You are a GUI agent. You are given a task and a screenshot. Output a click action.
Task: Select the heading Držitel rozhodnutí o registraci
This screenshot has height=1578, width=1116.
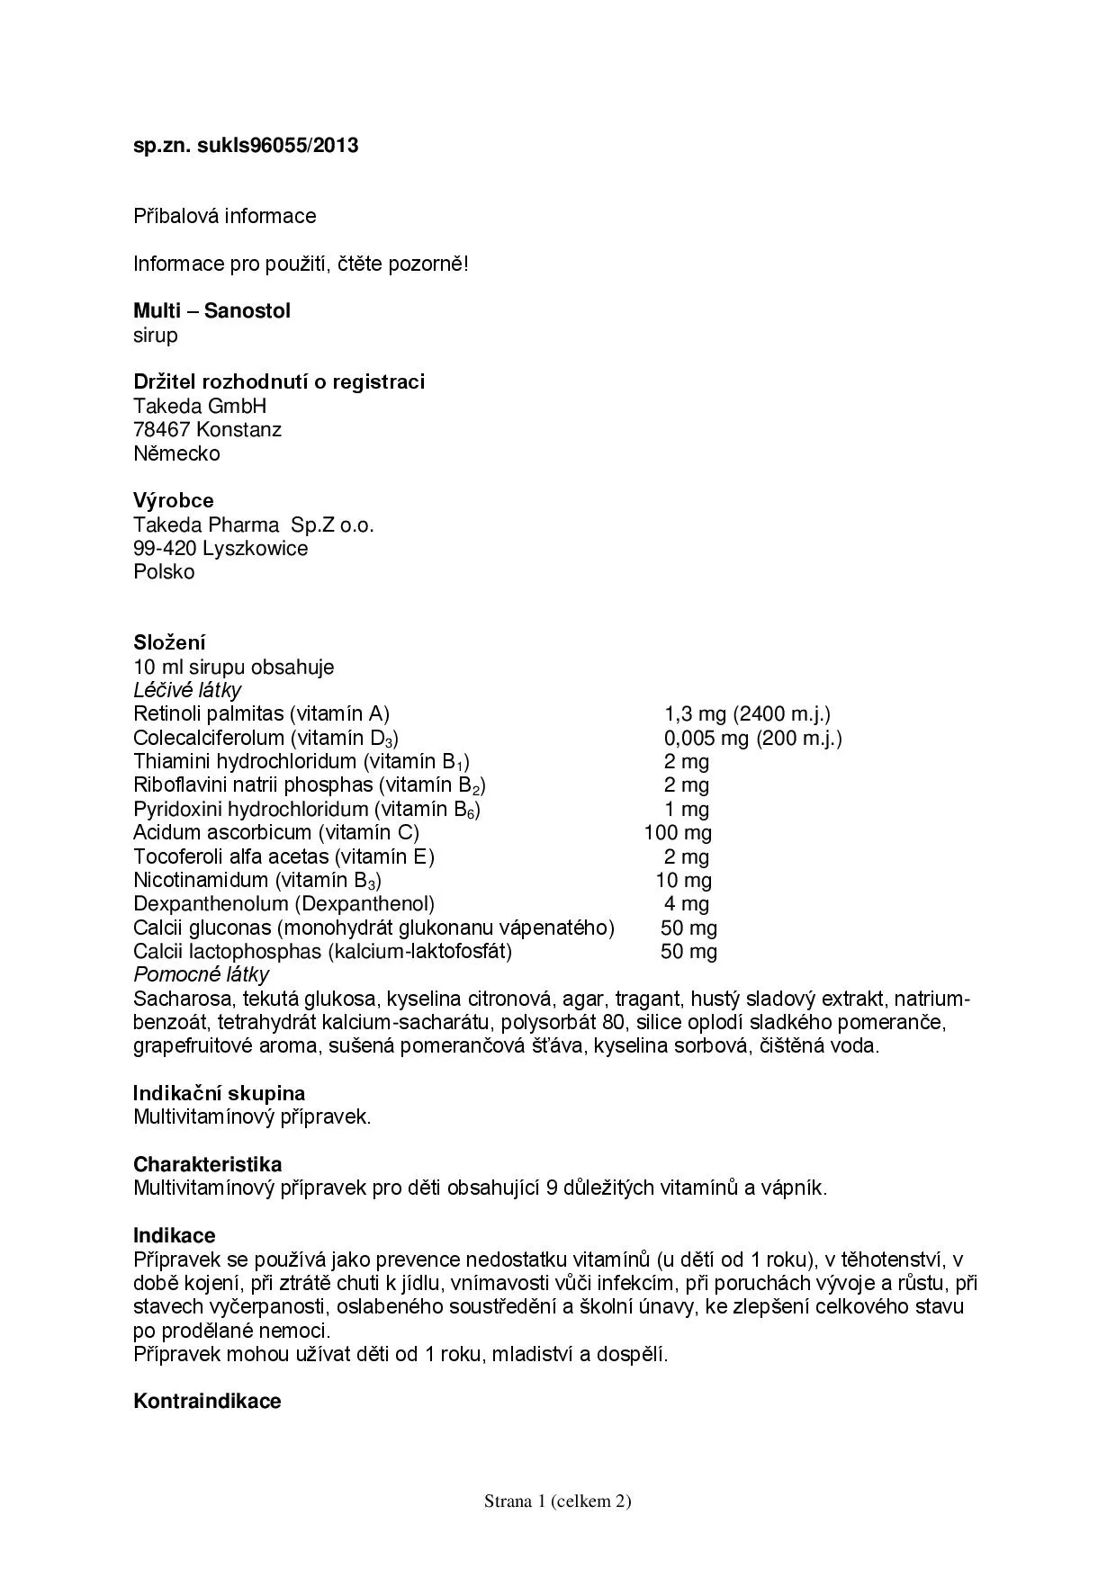coord(279,381)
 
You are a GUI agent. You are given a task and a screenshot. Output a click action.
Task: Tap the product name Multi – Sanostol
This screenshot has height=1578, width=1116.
coord(211,311)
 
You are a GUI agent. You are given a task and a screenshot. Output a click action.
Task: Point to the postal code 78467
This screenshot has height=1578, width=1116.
coord(161,430)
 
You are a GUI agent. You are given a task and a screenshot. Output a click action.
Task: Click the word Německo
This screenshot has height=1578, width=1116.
coord(176,453)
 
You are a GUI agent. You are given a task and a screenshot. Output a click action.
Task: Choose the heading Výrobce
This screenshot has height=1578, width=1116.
coord(174,500)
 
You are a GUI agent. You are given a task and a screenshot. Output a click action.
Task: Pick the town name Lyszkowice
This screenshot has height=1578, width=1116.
coord(255,548)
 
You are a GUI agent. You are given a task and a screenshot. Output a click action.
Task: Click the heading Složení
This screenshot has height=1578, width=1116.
coord(169,642)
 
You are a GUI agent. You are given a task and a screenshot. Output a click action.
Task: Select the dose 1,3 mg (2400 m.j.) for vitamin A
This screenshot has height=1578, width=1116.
coord(747,714)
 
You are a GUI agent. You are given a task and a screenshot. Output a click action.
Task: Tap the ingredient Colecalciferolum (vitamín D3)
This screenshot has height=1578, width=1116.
coord(265,739)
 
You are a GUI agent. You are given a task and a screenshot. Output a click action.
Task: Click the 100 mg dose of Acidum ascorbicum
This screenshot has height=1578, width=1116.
coord(678,833)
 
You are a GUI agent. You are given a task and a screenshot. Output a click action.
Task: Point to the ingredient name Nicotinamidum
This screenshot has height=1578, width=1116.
coord(201,880)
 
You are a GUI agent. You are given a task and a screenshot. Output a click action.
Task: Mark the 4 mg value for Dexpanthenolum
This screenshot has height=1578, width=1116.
coord(687,903)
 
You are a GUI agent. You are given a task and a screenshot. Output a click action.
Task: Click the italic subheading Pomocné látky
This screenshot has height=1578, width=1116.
coord(201,974)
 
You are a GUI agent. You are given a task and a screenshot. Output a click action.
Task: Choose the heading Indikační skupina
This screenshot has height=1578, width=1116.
coord(219,1093)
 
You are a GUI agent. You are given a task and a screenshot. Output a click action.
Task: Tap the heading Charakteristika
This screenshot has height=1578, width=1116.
coord(207,1164)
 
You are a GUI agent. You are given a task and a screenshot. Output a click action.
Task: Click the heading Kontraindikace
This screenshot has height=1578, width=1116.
coord(207,1401)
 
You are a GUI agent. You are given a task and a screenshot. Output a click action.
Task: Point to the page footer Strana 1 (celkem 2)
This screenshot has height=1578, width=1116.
coord(557,1501)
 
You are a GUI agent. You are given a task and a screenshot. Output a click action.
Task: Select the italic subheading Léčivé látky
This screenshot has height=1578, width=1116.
coord(187,690)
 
